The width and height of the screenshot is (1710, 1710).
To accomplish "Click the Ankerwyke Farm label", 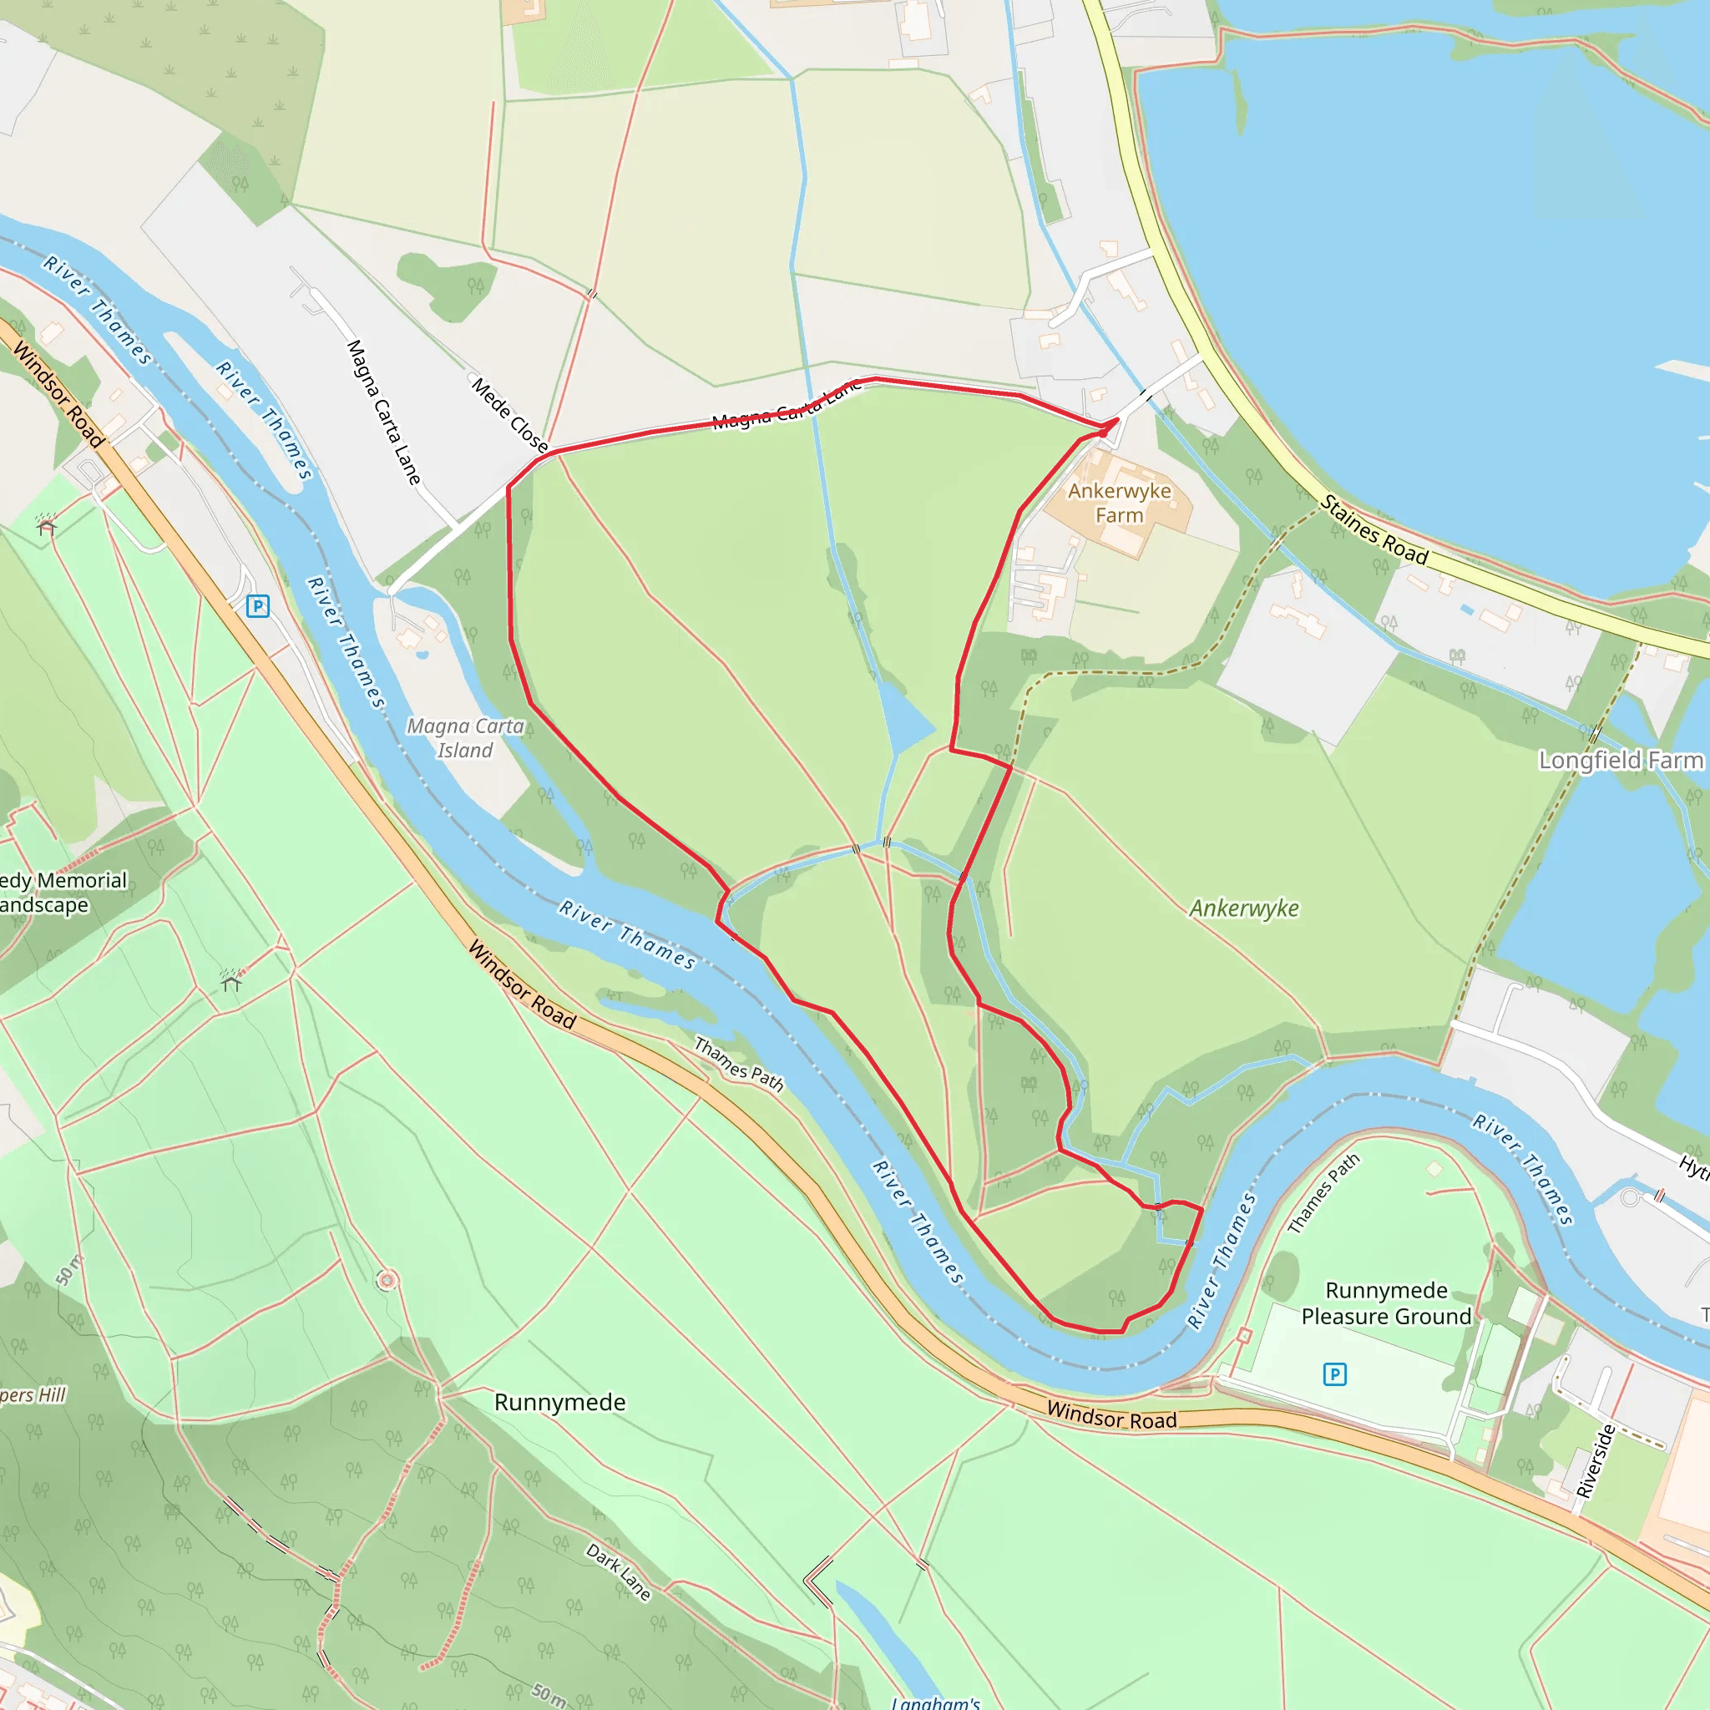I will [1119, 503].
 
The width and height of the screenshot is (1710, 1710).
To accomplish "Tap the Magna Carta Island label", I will [465, 737].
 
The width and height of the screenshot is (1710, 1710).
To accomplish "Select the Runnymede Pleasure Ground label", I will [1386, 1303].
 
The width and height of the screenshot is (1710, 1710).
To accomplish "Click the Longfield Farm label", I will [1621, 761].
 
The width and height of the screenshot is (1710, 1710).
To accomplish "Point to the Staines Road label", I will [1374, 530].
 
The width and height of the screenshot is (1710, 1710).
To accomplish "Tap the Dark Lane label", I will [619, 1571].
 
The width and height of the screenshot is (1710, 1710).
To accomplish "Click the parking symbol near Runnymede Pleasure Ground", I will [1335, 1374].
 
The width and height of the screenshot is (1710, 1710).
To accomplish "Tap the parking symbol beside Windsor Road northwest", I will [257, 606].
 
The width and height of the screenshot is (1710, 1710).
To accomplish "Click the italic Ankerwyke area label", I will [1243, 909].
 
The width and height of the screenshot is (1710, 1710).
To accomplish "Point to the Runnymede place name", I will [559, 1402].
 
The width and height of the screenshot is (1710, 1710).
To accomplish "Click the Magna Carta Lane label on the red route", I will [786, 405].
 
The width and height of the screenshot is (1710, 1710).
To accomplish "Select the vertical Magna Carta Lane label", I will [383, 412].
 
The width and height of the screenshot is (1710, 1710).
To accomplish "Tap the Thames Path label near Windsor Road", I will [739, 1064].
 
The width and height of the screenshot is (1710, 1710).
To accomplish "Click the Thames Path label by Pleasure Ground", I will [1323, 1193].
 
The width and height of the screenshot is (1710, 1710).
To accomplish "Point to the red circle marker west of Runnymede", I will [387, 1281].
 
